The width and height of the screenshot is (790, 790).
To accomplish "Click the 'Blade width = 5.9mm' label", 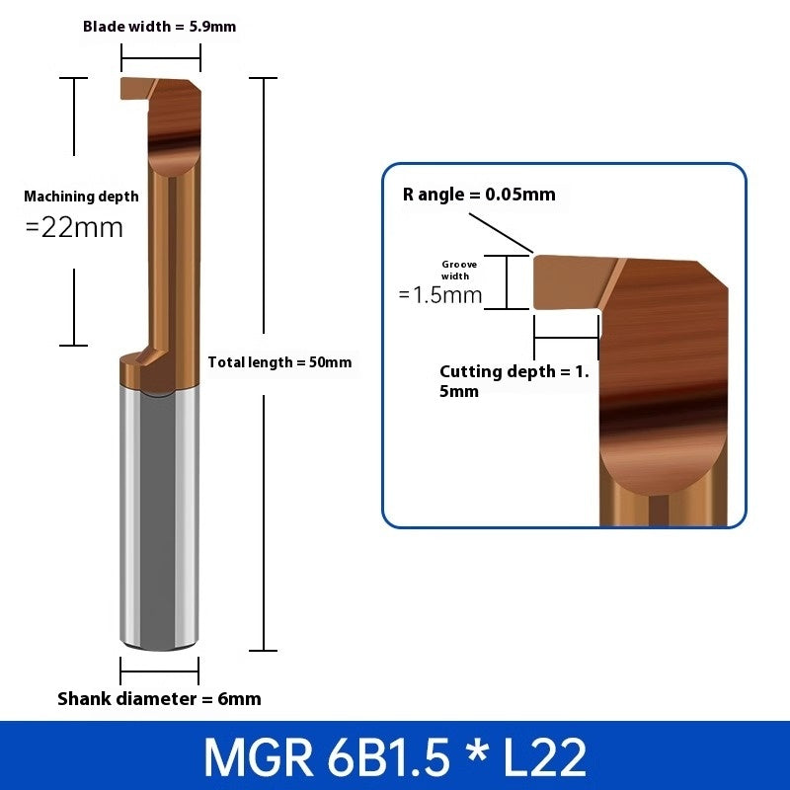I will (159, 27).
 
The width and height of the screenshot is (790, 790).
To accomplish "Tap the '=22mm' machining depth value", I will (74, 227).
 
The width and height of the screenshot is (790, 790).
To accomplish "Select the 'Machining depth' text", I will (81, 197).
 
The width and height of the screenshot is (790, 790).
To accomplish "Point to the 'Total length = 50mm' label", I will (279, 362).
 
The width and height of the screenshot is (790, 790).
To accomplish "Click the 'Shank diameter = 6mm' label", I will (159, 699).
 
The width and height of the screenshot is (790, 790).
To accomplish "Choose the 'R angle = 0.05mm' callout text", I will (479, 195).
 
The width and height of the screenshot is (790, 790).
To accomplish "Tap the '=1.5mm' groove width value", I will (440, 294).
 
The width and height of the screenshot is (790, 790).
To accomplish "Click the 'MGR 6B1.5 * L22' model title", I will (395, 756).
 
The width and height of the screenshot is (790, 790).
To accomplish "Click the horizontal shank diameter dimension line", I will (159, 671).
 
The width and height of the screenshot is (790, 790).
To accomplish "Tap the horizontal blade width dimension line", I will (161, 56).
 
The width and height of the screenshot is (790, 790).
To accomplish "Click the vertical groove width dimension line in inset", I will (507, 282).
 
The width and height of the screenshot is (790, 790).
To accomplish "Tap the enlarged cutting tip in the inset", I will (563, 281).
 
